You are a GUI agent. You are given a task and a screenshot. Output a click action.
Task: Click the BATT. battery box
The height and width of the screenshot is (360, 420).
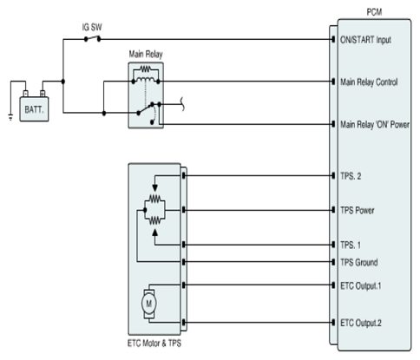tap(34, 109)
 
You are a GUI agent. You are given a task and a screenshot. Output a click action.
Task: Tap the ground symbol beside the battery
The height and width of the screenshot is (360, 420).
tap(10, 117)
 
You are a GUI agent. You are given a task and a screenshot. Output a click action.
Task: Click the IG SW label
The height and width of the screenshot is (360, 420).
tap(92, 28)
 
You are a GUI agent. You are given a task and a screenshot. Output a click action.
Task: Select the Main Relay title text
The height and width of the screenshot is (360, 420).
tap(146, 54)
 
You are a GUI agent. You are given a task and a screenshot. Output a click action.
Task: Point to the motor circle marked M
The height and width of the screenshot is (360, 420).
tap(148, 304)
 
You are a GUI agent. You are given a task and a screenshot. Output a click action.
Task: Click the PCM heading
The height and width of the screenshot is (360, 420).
tap(374, 12)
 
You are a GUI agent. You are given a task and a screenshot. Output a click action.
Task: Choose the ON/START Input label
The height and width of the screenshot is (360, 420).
tap(365, 40)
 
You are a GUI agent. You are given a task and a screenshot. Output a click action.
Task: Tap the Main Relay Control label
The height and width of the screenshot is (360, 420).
tap(369, 82)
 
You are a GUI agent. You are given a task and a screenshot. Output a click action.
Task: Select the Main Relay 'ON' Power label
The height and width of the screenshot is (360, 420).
tap(375, 125)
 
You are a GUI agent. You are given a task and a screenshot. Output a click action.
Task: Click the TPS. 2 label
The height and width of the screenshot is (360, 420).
tap(351, 176)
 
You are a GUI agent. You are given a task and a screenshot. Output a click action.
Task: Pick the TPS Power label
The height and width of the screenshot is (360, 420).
tap(358, 210)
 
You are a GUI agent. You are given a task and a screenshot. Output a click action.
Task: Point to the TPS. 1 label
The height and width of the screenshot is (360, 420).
tap(351, 245)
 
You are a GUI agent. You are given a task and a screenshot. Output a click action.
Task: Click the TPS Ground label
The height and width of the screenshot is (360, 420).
tap(359, 262)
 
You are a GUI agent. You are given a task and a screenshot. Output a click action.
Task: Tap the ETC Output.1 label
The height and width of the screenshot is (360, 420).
tap(361, 285)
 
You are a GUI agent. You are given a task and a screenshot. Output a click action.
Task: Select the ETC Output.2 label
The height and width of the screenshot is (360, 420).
tap(361, 323)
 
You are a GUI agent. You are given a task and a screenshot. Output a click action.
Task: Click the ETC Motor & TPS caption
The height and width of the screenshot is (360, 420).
tap(154, 344)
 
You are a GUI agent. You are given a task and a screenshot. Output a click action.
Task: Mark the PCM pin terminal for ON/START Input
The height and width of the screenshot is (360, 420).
tap(333, 39)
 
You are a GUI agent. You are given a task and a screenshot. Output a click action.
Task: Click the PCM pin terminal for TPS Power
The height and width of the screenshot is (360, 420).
tap(333, 210)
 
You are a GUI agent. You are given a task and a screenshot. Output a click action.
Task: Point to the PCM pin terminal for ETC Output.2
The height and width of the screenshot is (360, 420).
tap(333, 323)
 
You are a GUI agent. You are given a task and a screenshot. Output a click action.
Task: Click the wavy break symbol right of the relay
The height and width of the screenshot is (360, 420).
tap(182, 104)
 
